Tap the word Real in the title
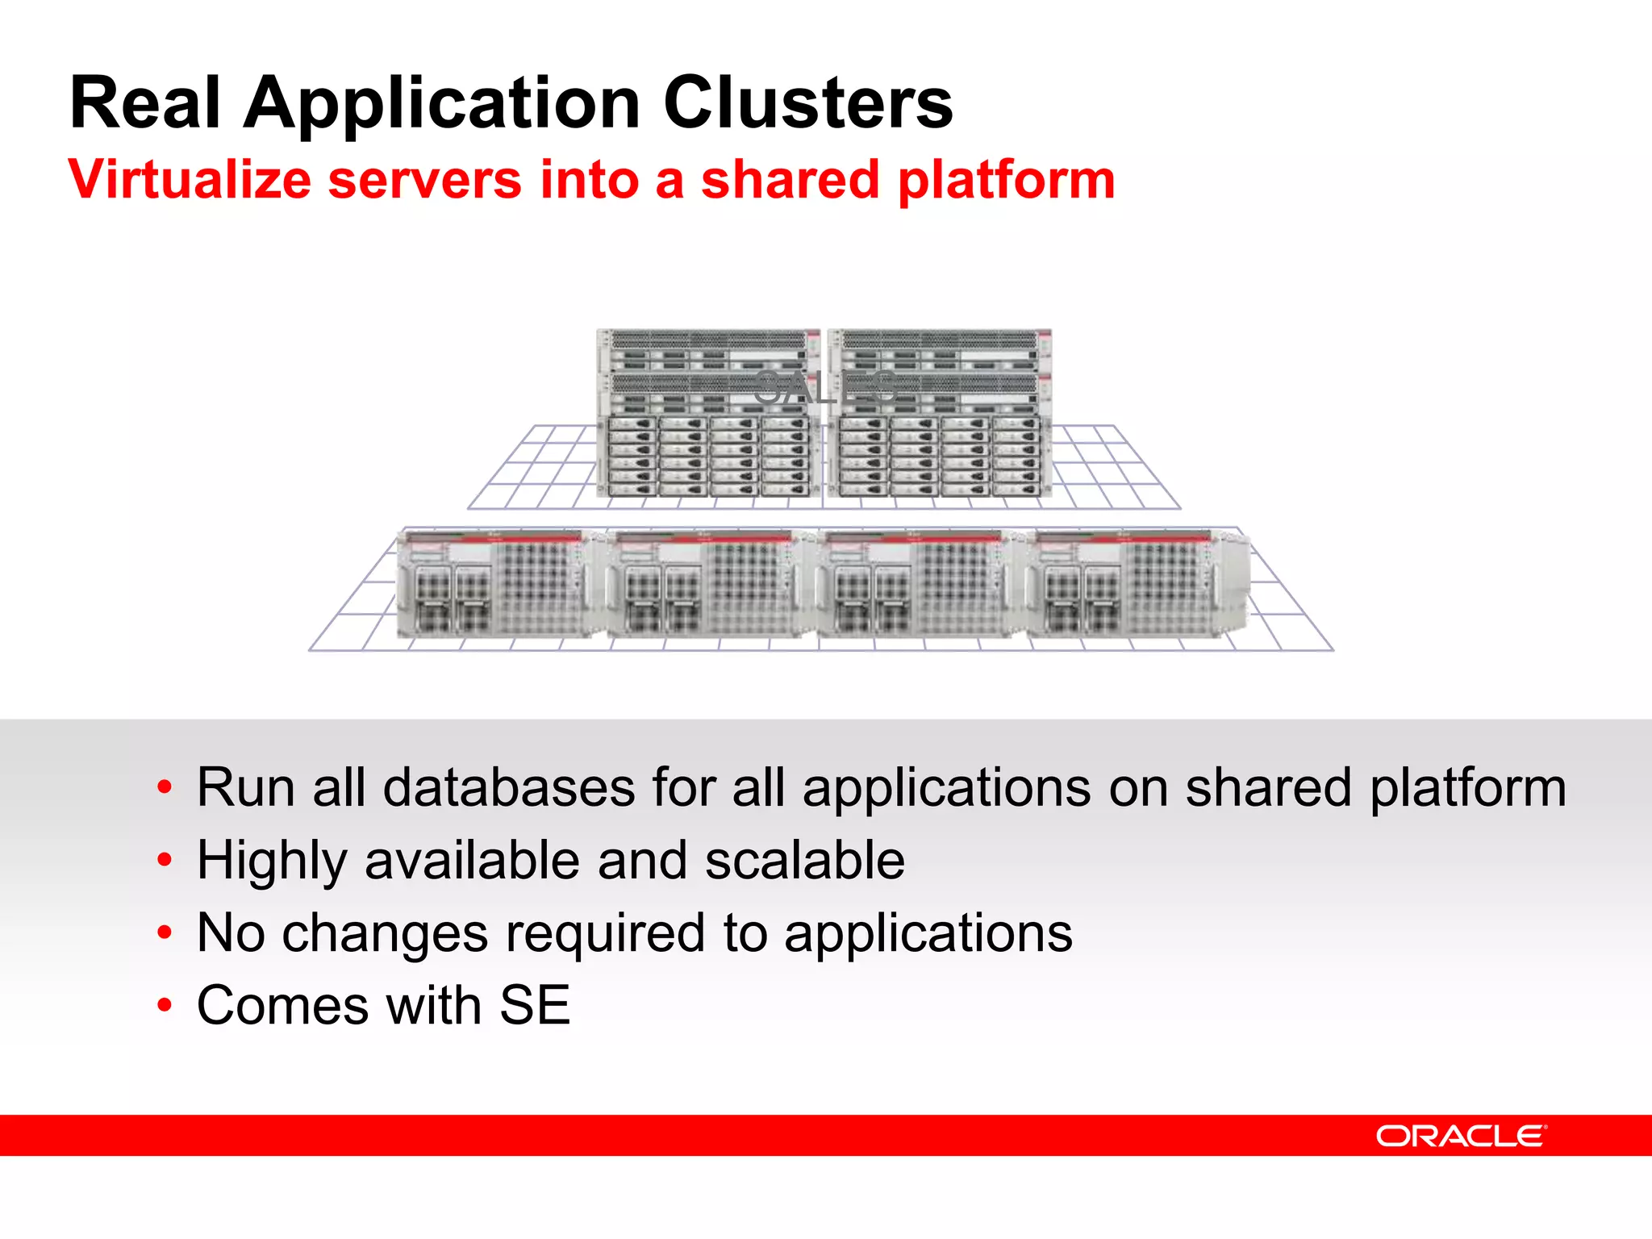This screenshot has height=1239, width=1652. click(145, 102)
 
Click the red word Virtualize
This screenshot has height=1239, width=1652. click(190, 179)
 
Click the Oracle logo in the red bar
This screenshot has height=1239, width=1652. click(1461, 1136)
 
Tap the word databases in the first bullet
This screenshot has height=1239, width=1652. click(508, 787)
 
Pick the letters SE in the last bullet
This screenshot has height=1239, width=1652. click(535, 1005)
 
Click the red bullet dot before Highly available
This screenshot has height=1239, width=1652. click(165, 861)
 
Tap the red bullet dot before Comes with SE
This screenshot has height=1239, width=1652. click(165, 1006)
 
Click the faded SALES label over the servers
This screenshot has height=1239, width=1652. click(825, 388)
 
